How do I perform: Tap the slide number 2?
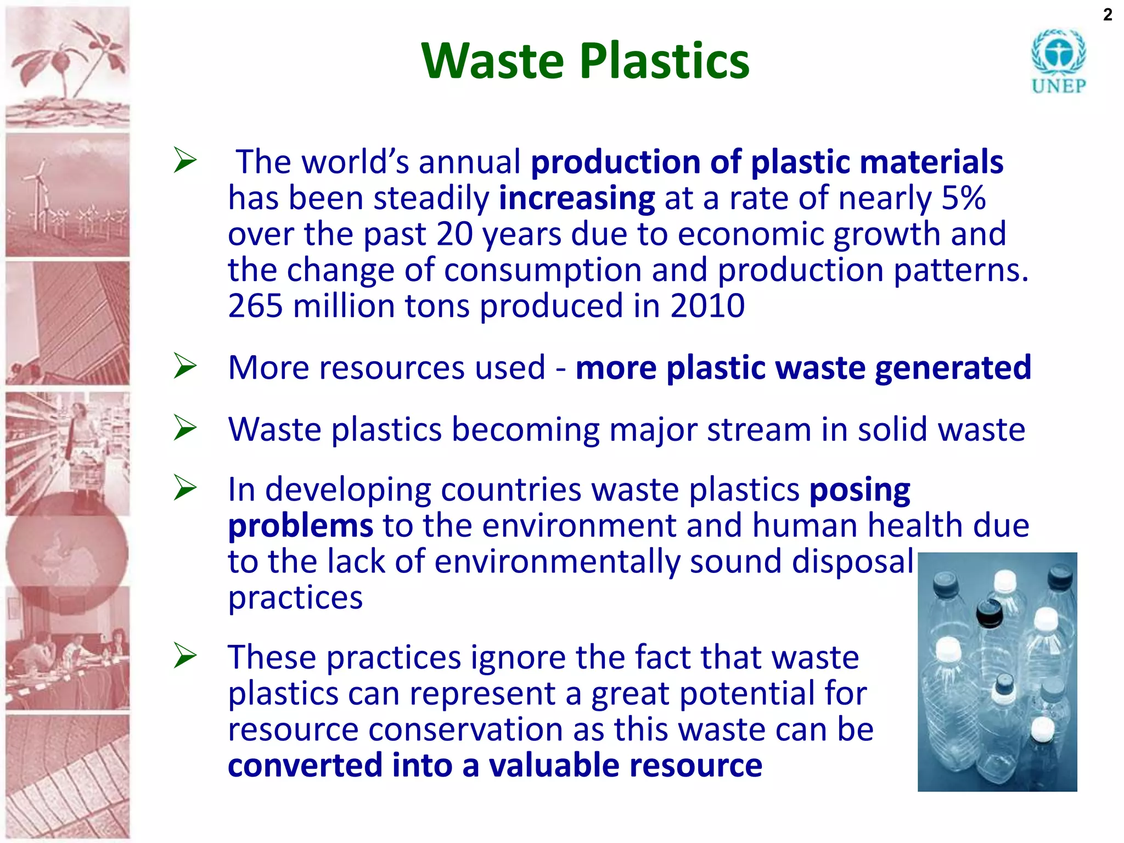[1108, 15]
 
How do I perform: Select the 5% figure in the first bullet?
[963, 198]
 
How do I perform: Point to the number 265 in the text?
[255, 306]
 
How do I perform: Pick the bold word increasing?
[576, 198]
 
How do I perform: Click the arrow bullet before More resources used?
[186, 366]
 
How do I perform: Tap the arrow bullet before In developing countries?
[186, 488]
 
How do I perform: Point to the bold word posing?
[859, 490]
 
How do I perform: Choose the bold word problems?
[300, 526]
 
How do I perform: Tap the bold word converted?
[305, 765]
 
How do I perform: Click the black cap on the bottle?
[990, 613]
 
